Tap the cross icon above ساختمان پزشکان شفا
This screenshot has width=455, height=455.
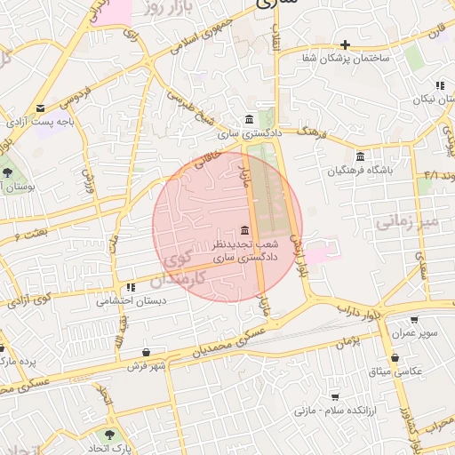point(346,44)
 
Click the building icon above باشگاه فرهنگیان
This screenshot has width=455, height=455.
point(360,156)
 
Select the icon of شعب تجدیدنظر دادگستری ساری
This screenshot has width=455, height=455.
point(244,230)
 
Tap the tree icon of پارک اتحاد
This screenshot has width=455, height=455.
point(109,435)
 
